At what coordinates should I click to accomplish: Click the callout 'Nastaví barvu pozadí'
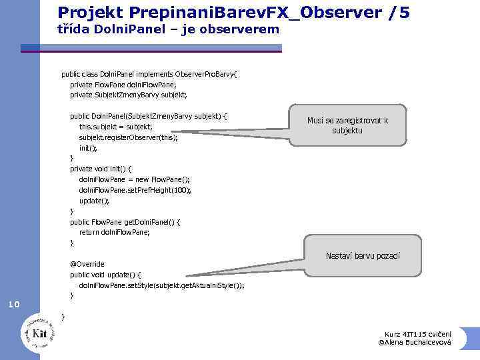tap(363, 255)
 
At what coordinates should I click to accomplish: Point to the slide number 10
tap(14, 305)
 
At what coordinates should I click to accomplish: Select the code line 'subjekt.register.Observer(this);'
tap(128, 137)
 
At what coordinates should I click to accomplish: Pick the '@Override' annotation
tap(87, 263)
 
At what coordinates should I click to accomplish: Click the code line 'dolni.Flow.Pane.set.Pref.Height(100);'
tap(135, 189)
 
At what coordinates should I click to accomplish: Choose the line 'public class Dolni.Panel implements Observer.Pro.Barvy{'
tap(153, 74)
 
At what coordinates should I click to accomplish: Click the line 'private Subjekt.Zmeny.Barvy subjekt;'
tap(129, 95)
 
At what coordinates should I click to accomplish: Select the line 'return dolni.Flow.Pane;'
tap(114, 232)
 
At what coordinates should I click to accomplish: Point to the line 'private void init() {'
tap(101, 169)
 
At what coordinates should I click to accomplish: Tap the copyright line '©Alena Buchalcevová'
tap(414, 343)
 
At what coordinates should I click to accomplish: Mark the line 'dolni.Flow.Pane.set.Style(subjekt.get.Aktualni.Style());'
tap(161, 285)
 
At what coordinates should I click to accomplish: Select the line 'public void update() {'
tap(105, 274)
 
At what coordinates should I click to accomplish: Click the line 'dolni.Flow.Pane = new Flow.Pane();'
tap(134, 179)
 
